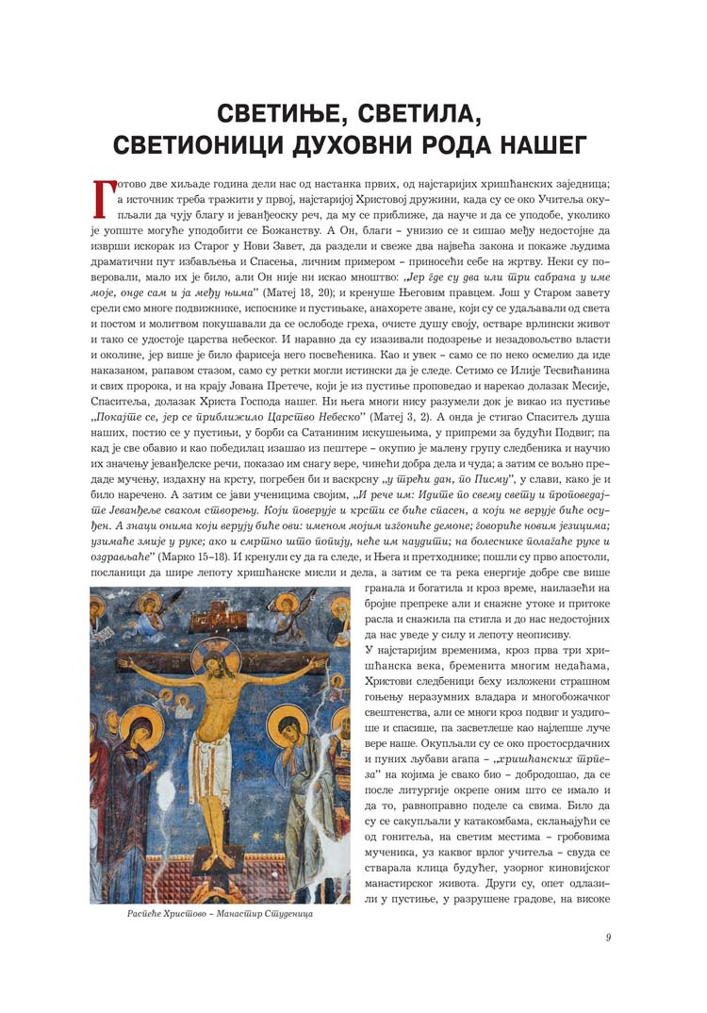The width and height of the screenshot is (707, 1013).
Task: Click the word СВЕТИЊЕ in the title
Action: click(290, 116)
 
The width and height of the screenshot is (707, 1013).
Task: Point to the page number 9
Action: click(610, 937)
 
